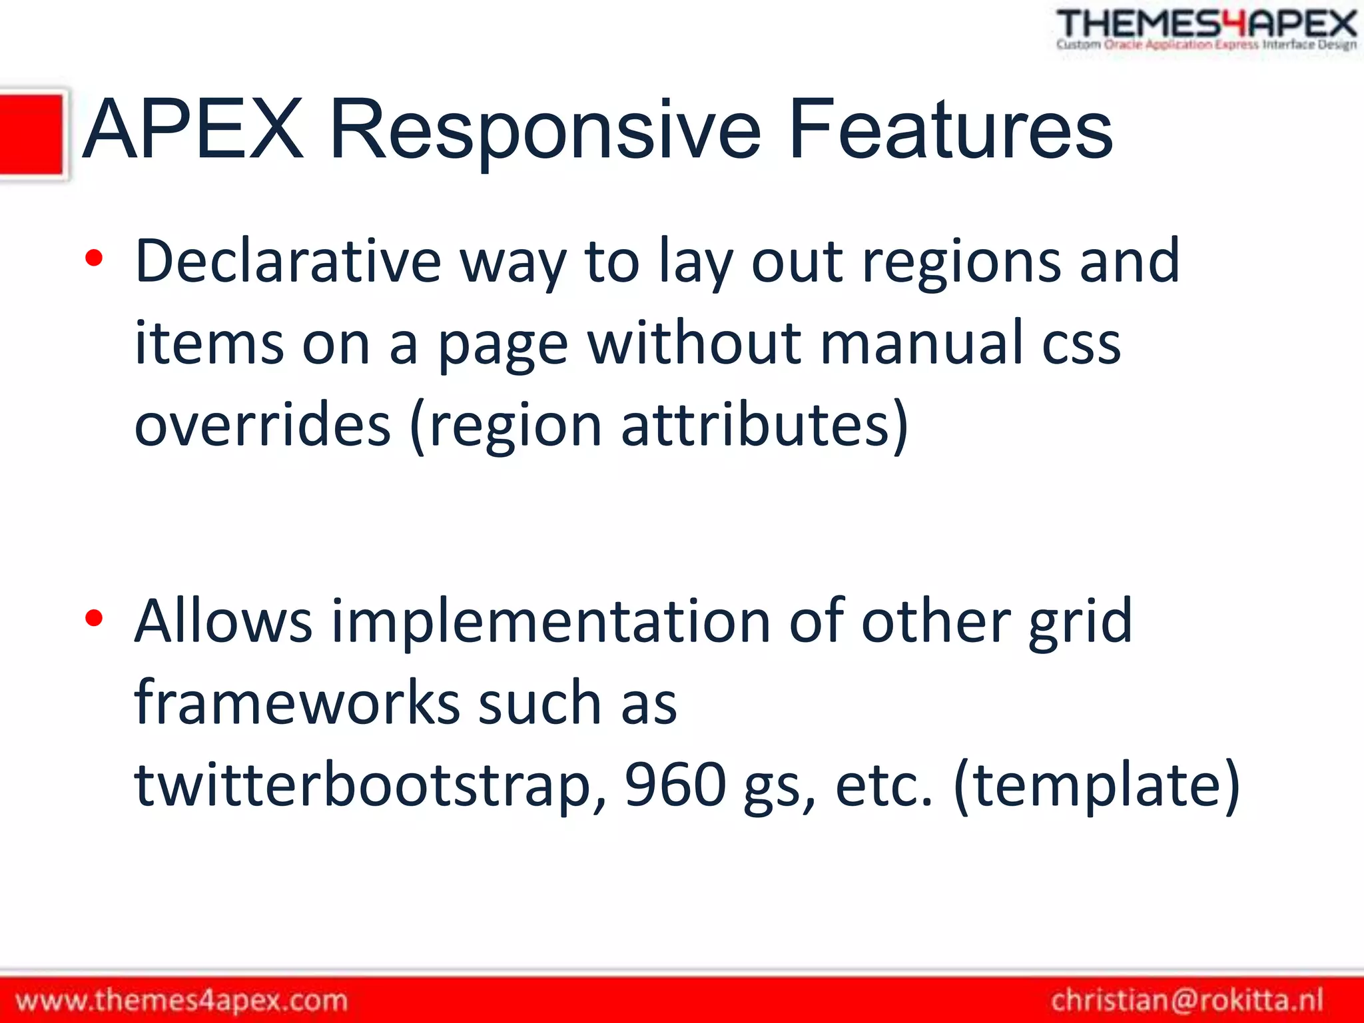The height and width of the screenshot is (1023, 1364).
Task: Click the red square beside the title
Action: [x=31, y=135]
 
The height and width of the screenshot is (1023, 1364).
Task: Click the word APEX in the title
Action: [x=193, y=130]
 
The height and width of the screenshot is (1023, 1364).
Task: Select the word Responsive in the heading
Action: [x=544, y=130]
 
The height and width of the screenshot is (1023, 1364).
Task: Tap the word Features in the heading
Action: [x=950, y=130]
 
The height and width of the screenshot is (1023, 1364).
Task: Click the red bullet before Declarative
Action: [x=94, y=258]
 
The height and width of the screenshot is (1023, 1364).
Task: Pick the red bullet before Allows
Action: [x=94, y=618]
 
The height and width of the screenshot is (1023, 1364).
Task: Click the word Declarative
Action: [x=288, y=262]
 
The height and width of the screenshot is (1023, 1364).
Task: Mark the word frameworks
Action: [x=296, y=703]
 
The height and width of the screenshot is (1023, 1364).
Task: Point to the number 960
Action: [x=675, y=785]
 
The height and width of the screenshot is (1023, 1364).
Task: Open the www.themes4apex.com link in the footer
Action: [x=181, y=1000]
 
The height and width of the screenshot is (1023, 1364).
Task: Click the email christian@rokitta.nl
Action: [x=1187, y=1000]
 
